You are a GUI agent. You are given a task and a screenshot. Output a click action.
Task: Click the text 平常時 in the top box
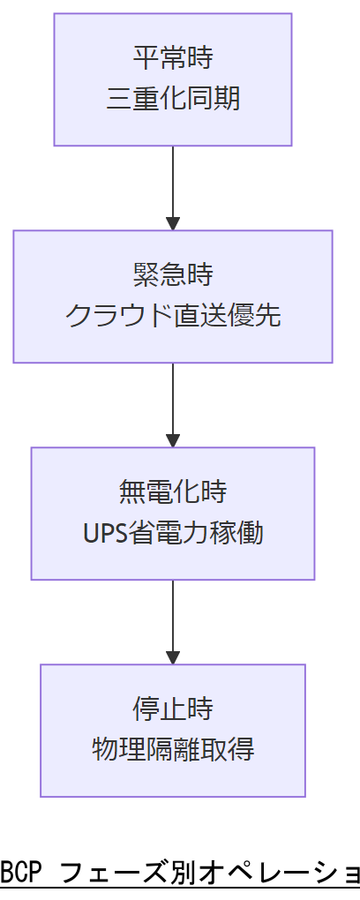point(173,59)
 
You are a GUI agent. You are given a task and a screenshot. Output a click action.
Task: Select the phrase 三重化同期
point(173,100)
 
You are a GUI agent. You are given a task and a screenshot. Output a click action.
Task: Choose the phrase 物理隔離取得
point(173,750)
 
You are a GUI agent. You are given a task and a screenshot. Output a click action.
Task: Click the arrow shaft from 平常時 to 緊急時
point(173,181)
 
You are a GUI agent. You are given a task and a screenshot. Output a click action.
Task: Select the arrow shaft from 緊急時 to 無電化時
point(173,397)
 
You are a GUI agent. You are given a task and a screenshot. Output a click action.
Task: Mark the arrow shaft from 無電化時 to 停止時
point(173,614)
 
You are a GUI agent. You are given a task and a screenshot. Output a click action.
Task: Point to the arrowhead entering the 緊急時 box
point(173,222)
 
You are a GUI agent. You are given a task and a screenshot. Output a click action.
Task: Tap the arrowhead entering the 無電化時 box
point(173,439)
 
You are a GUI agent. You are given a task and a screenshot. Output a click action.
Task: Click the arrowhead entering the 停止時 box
point(173,656)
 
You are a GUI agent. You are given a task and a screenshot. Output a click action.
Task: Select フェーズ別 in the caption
point(114,874)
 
